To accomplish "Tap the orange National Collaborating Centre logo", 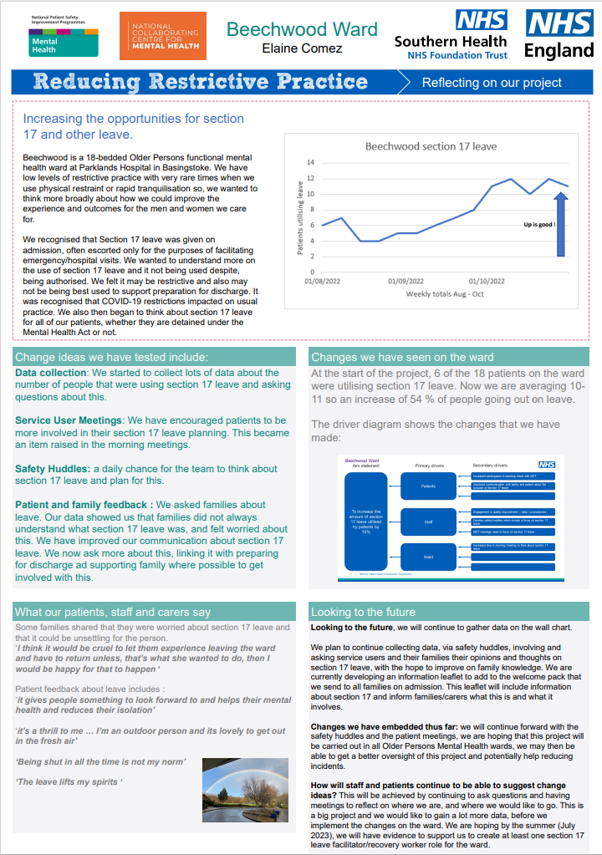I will (x=162, y=35).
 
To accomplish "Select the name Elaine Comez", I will (x=302, y=49).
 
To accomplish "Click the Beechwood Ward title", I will (x=302, y=29).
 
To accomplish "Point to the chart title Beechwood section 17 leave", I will (x=431, y=146).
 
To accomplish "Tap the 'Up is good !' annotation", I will (x=539, y=225).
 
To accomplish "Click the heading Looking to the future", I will (x=363, y=612).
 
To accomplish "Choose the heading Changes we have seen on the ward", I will (x=402, y=357).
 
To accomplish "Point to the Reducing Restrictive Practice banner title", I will (x=201, y=82).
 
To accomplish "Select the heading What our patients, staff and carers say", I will (x=113, y=612).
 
